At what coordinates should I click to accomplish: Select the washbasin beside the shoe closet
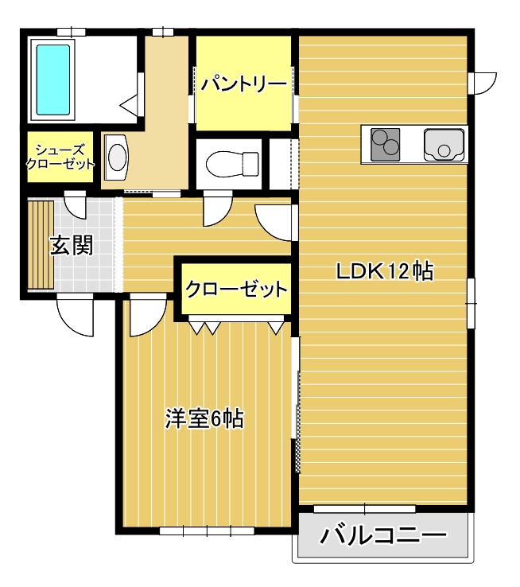pyautogui.click(x=117, y=156)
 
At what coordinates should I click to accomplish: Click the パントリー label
pyautogui.click(x=243, y=84)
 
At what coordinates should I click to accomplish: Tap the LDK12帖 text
pyautogui.click(x=384, y=271)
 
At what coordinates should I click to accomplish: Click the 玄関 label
pyautogui.click(x=72, y=246)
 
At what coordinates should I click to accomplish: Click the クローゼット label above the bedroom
pyautogui.click(x=235, y=289)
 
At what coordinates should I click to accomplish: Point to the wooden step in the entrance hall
pyautogui.click(x=40, y=246)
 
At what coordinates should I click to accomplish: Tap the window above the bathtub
pyautogui.click(x=71, y=32)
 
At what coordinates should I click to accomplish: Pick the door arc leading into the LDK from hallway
pyautogui.click(x=274, y=221)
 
